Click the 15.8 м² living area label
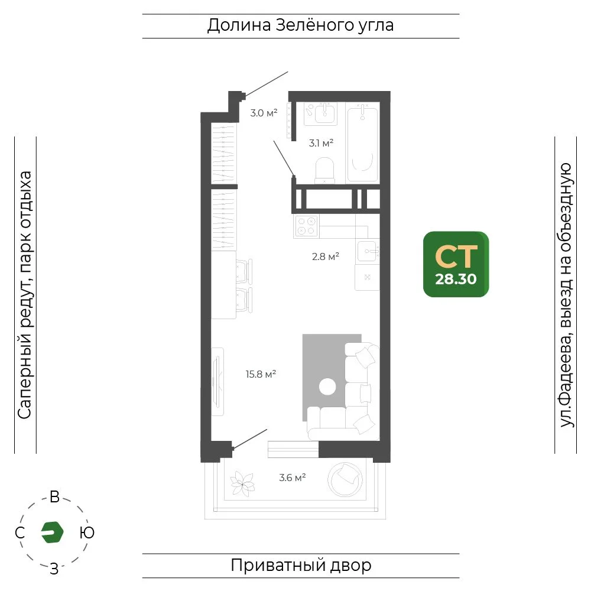(261, 374)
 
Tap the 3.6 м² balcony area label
(292, 478)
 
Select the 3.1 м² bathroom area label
(321, 143)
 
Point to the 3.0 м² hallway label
(264, 113)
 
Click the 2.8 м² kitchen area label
(325, 256)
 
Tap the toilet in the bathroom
(324, 170)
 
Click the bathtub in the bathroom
(363, 143)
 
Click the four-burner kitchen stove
(306, 226)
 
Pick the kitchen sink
(368, 251)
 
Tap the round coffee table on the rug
(327, 387)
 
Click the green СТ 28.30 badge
(456, 264)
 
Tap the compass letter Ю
(87, 533)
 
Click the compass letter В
(54, 497)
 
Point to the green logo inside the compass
(52, 532)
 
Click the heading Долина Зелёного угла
(300, 25)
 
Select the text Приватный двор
(301, 566)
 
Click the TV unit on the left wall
(217, 382)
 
